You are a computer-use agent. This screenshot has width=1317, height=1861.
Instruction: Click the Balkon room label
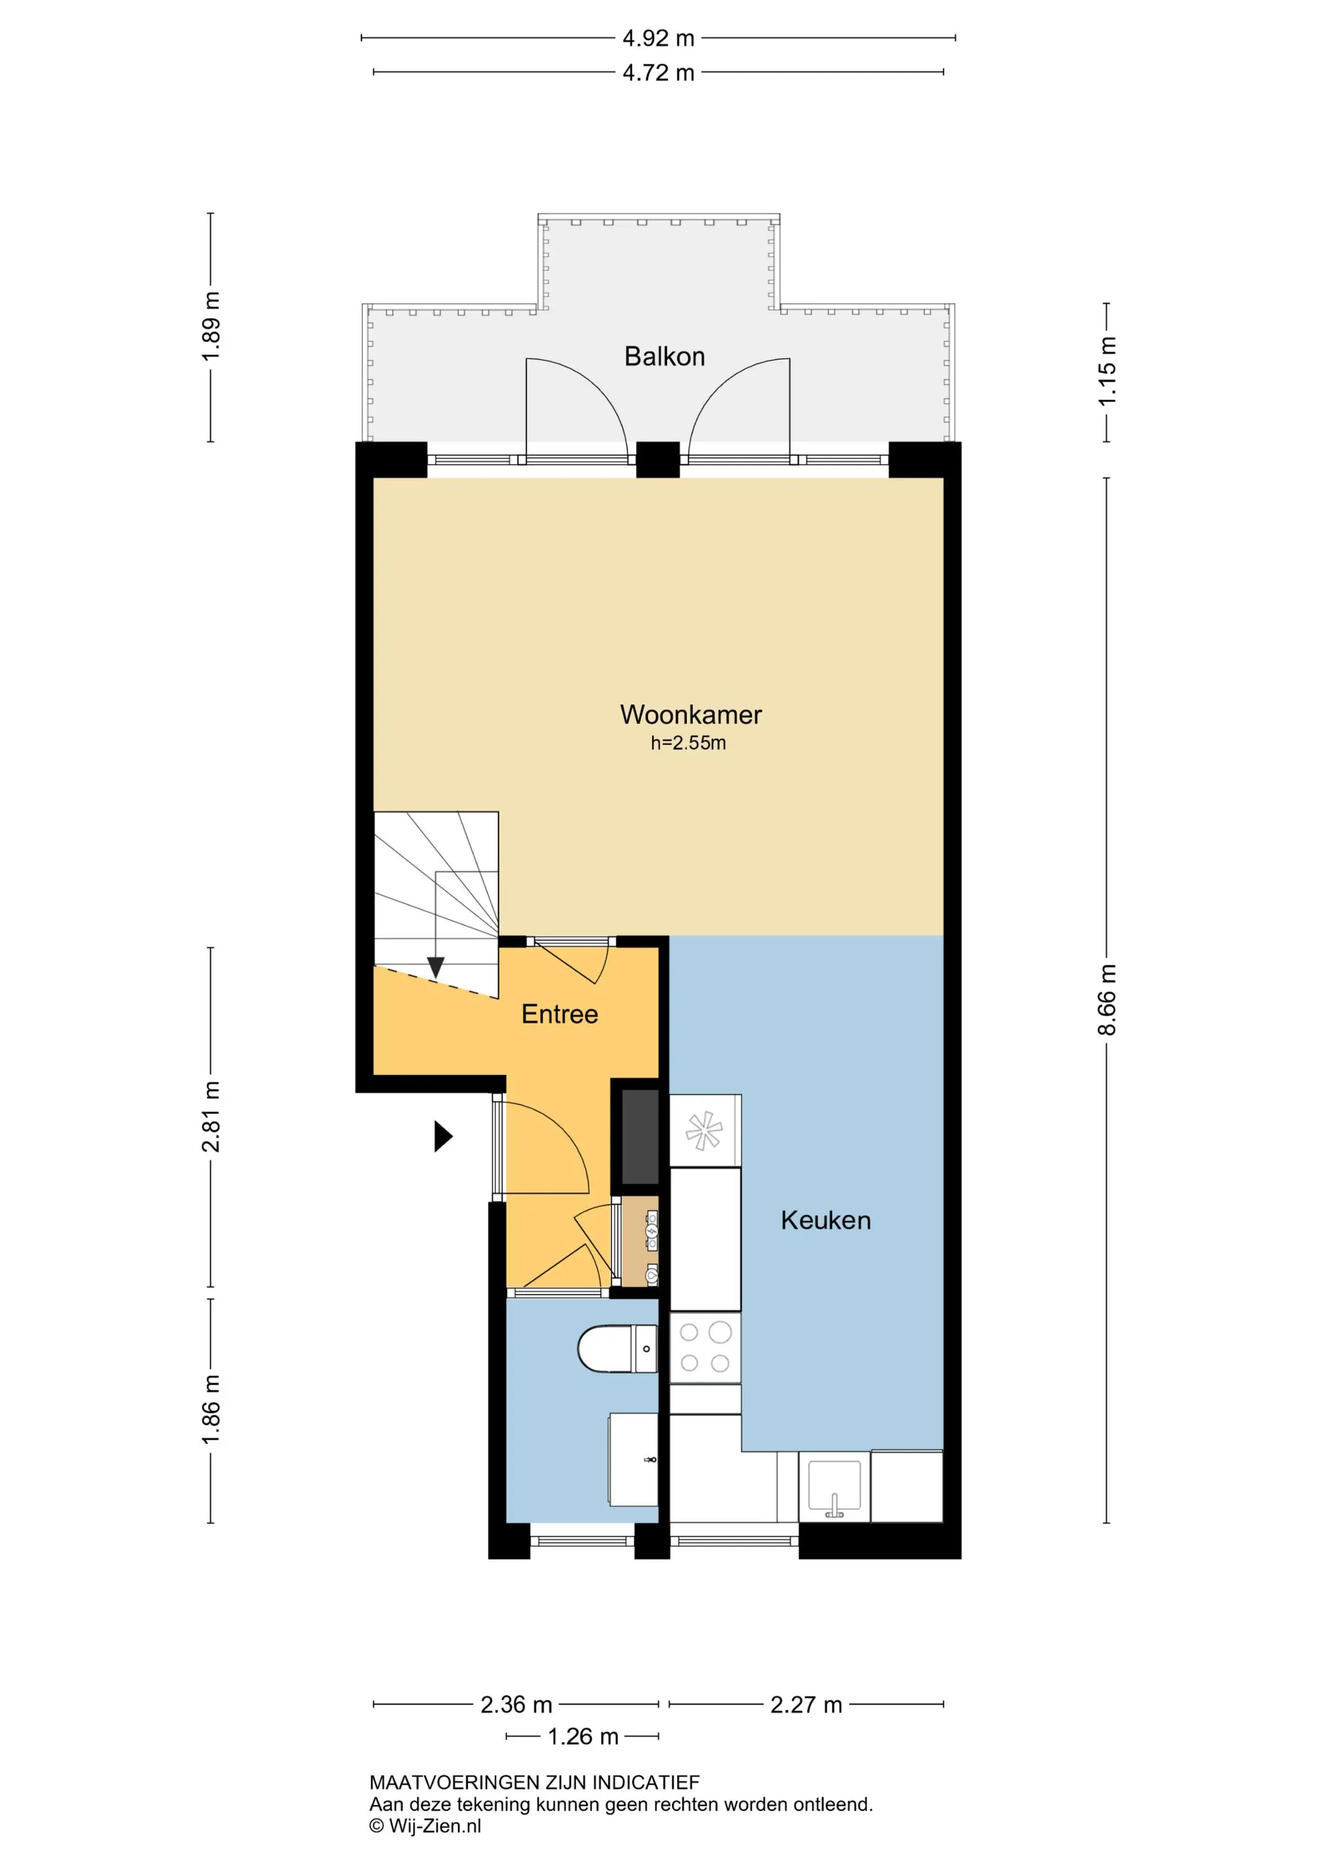pos(664,357)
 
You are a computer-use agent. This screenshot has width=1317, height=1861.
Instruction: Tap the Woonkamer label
pos(691,714)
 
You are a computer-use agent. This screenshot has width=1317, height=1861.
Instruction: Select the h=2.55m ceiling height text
pos(688,743)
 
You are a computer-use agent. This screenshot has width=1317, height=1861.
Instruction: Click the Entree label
pos(560,1014)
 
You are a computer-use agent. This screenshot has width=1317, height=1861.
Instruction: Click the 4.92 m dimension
pos(658,38)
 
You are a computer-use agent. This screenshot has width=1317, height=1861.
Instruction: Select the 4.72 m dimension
pos(658,73)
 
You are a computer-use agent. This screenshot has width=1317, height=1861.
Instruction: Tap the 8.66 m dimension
pos(1107,1000)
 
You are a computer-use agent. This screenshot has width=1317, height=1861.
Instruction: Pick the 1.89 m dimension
pos(211,327)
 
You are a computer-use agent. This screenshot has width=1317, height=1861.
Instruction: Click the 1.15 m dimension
pos(1107,372)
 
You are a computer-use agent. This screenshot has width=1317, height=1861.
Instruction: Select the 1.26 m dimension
pos(583,1736)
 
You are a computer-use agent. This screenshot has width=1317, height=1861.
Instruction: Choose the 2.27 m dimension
pos(806,1705)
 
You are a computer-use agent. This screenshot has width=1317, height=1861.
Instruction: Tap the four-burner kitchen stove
pos(704,1348)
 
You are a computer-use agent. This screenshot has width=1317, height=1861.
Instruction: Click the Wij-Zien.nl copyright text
pos(425,1826)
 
